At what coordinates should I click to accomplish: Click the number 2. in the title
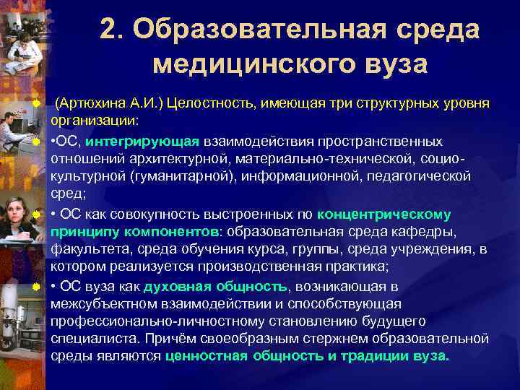[x=114, y=30]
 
